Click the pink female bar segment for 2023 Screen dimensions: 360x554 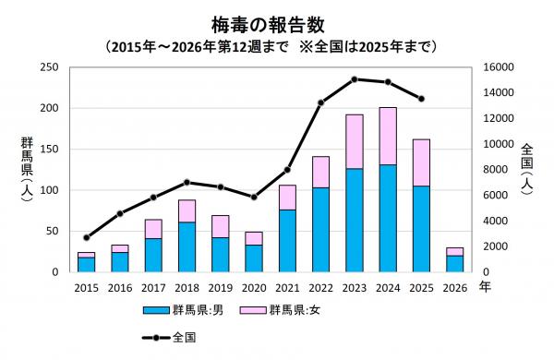[x=354, y=141]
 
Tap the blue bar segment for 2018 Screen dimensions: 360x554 [x=187, y=246]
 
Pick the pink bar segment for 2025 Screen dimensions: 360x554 [x=421, y=162]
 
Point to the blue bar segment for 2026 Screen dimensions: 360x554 [x=454, y=264]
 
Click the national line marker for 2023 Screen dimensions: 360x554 [x=354, y=79]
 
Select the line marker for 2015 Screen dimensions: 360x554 [x=86, y=237]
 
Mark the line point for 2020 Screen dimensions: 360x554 [x=254, y=197]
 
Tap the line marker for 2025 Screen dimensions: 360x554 [x=421, y=99]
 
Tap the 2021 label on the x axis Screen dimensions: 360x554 [x=287, y=287]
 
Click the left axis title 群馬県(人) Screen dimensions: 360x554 [x=28, y=171]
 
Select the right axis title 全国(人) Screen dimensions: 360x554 [x=525, y=170]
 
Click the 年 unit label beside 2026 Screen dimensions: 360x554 [x=485, y=287]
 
